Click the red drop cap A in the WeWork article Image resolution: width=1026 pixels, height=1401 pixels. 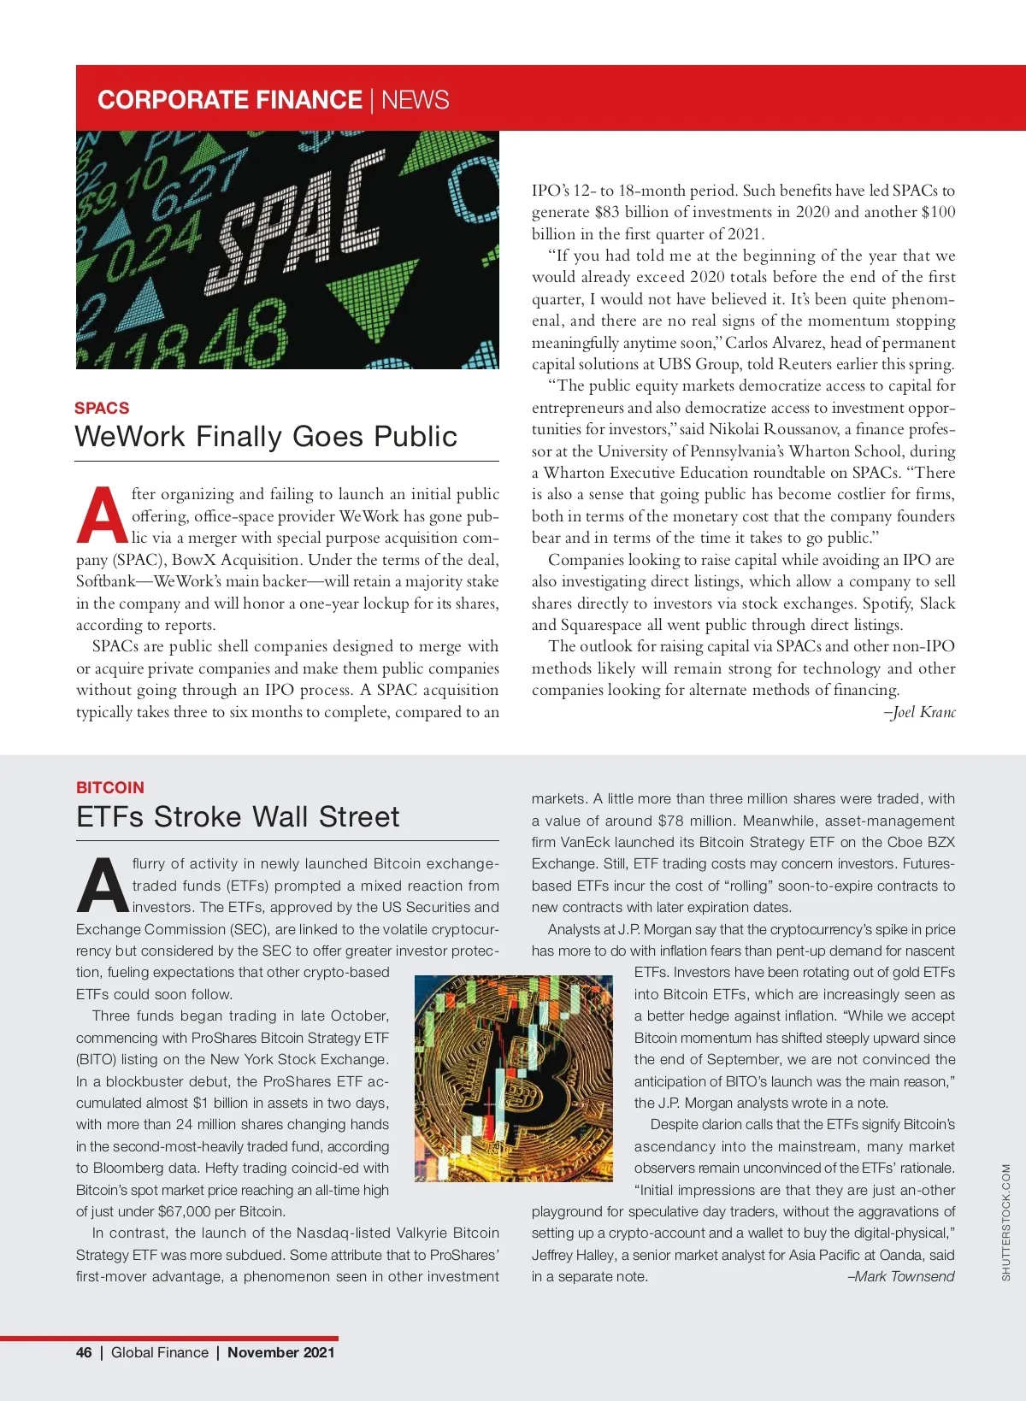[x=102, y=515]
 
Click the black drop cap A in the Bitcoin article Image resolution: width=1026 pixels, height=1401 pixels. [x=102, y=886]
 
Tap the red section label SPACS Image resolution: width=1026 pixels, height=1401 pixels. [x=102, y=408]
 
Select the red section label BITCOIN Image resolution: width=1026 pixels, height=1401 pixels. [x=110, y=787]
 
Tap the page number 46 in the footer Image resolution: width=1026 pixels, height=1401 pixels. [x=84, y=1352]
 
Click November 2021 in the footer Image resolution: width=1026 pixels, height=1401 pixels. [x=280, y=1352]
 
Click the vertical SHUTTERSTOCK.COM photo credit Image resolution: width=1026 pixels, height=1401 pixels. [x=1005, y=1222]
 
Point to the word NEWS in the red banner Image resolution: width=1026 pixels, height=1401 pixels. [x=415, y=100]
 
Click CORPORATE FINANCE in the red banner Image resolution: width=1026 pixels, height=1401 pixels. [x=230, y=100]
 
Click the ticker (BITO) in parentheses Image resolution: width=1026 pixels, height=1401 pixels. [x=97, y=1059]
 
